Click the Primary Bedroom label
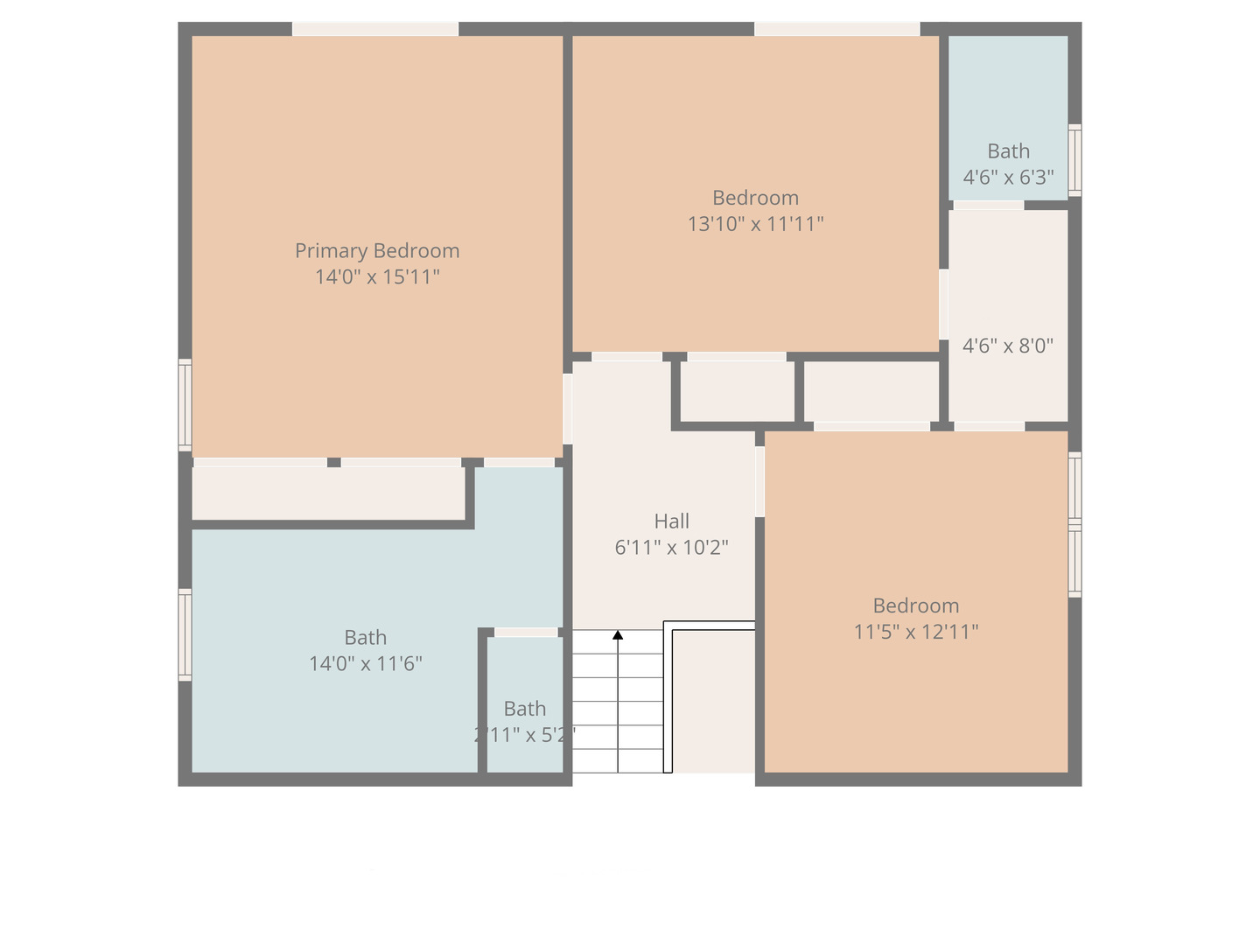click(x=377, y=251)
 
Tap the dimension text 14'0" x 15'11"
click(x=377, y=277)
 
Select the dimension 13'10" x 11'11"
click(x=755, y=224)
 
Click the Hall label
click(x=671, y=521)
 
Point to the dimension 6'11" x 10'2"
click(x=671, y=548)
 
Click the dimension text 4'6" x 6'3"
click(x=1008, y=178)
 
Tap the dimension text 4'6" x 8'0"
click(x=1008, y=346)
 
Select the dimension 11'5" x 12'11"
click(x=916, y=632)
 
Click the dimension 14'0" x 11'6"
click(x=365, y=663)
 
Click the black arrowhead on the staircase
click(x=618, y=634)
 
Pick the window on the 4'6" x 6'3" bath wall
click(x=1074, y=160)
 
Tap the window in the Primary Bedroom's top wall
click(x=374, y=29)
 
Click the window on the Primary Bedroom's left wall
click(x=185, y=405)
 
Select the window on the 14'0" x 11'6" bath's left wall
click(x=185, y=634)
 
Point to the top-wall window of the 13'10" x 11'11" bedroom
click(x=836, y=29)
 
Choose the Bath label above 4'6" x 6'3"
click(x=1008, y=151)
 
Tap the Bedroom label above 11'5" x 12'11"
click(x=916, y=605)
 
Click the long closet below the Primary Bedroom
click(x=328, y=493)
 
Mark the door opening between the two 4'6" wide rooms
click(x=989, y=206)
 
